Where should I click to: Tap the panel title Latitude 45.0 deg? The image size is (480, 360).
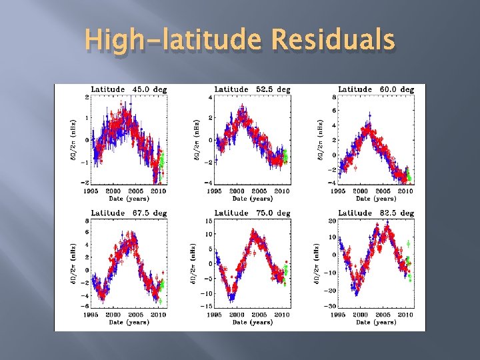[129, 89]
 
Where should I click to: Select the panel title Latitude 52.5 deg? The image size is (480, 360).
[252, 89]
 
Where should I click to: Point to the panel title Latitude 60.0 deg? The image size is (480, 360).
[376, 89]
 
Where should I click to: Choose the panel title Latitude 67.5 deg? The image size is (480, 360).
[129, 213]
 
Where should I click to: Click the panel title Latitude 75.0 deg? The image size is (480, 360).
[252, 213]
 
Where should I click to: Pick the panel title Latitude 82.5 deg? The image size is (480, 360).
[376, 213]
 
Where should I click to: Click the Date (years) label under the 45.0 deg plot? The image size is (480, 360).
[129, 198]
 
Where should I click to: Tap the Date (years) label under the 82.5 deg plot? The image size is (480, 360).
[376, 322]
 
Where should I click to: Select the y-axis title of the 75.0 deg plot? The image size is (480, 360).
[195, 267]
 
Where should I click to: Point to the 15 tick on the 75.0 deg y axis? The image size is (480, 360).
[208, 221]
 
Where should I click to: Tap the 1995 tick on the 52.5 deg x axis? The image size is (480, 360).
[214, 191]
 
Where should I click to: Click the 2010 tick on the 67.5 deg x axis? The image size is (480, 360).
[158, 315]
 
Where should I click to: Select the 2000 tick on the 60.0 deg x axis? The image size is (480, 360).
[361, 191]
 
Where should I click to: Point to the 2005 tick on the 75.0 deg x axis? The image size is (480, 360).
[259, 315]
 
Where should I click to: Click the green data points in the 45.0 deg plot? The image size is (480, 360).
[161, 162]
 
